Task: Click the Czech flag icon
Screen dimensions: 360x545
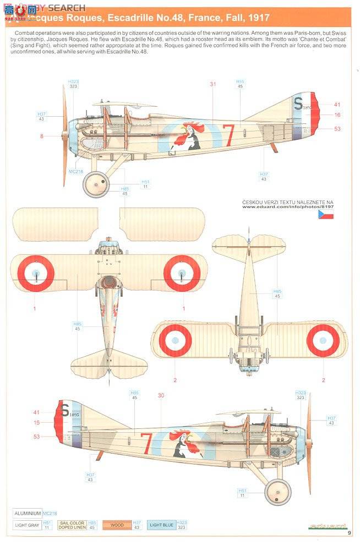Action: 325,214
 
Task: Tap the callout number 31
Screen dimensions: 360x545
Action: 213,84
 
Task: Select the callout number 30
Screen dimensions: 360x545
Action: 161,395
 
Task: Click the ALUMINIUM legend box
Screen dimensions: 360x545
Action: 28,513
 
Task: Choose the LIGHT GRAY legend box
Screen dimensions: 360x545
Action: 27,525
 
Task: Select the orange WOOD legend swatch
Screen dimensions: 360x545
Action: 117,525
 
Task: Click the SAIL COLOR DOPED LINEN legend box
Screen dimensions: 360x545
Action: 72,525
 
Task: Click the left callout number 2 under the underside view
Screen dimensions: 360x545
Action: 175,380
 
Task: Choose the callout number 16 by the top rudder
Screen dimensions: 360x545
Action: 337,115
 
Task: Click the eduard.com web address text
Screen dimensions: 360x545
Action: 287,207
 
